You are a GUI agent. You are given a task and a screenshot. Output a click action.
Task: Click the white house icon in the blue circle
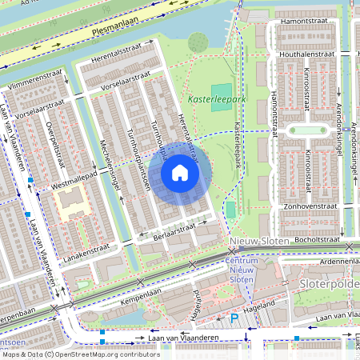pos(180,172)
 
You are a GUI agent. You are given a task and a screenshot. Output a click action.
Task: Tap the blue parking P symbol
pos(234,318)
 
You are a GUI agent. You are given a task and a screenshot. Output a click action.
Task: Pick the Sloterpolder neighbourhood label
pos(324,284)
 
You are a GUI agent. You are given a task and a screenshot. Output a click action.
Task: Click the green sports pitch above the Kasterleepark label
pos(222,90)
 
